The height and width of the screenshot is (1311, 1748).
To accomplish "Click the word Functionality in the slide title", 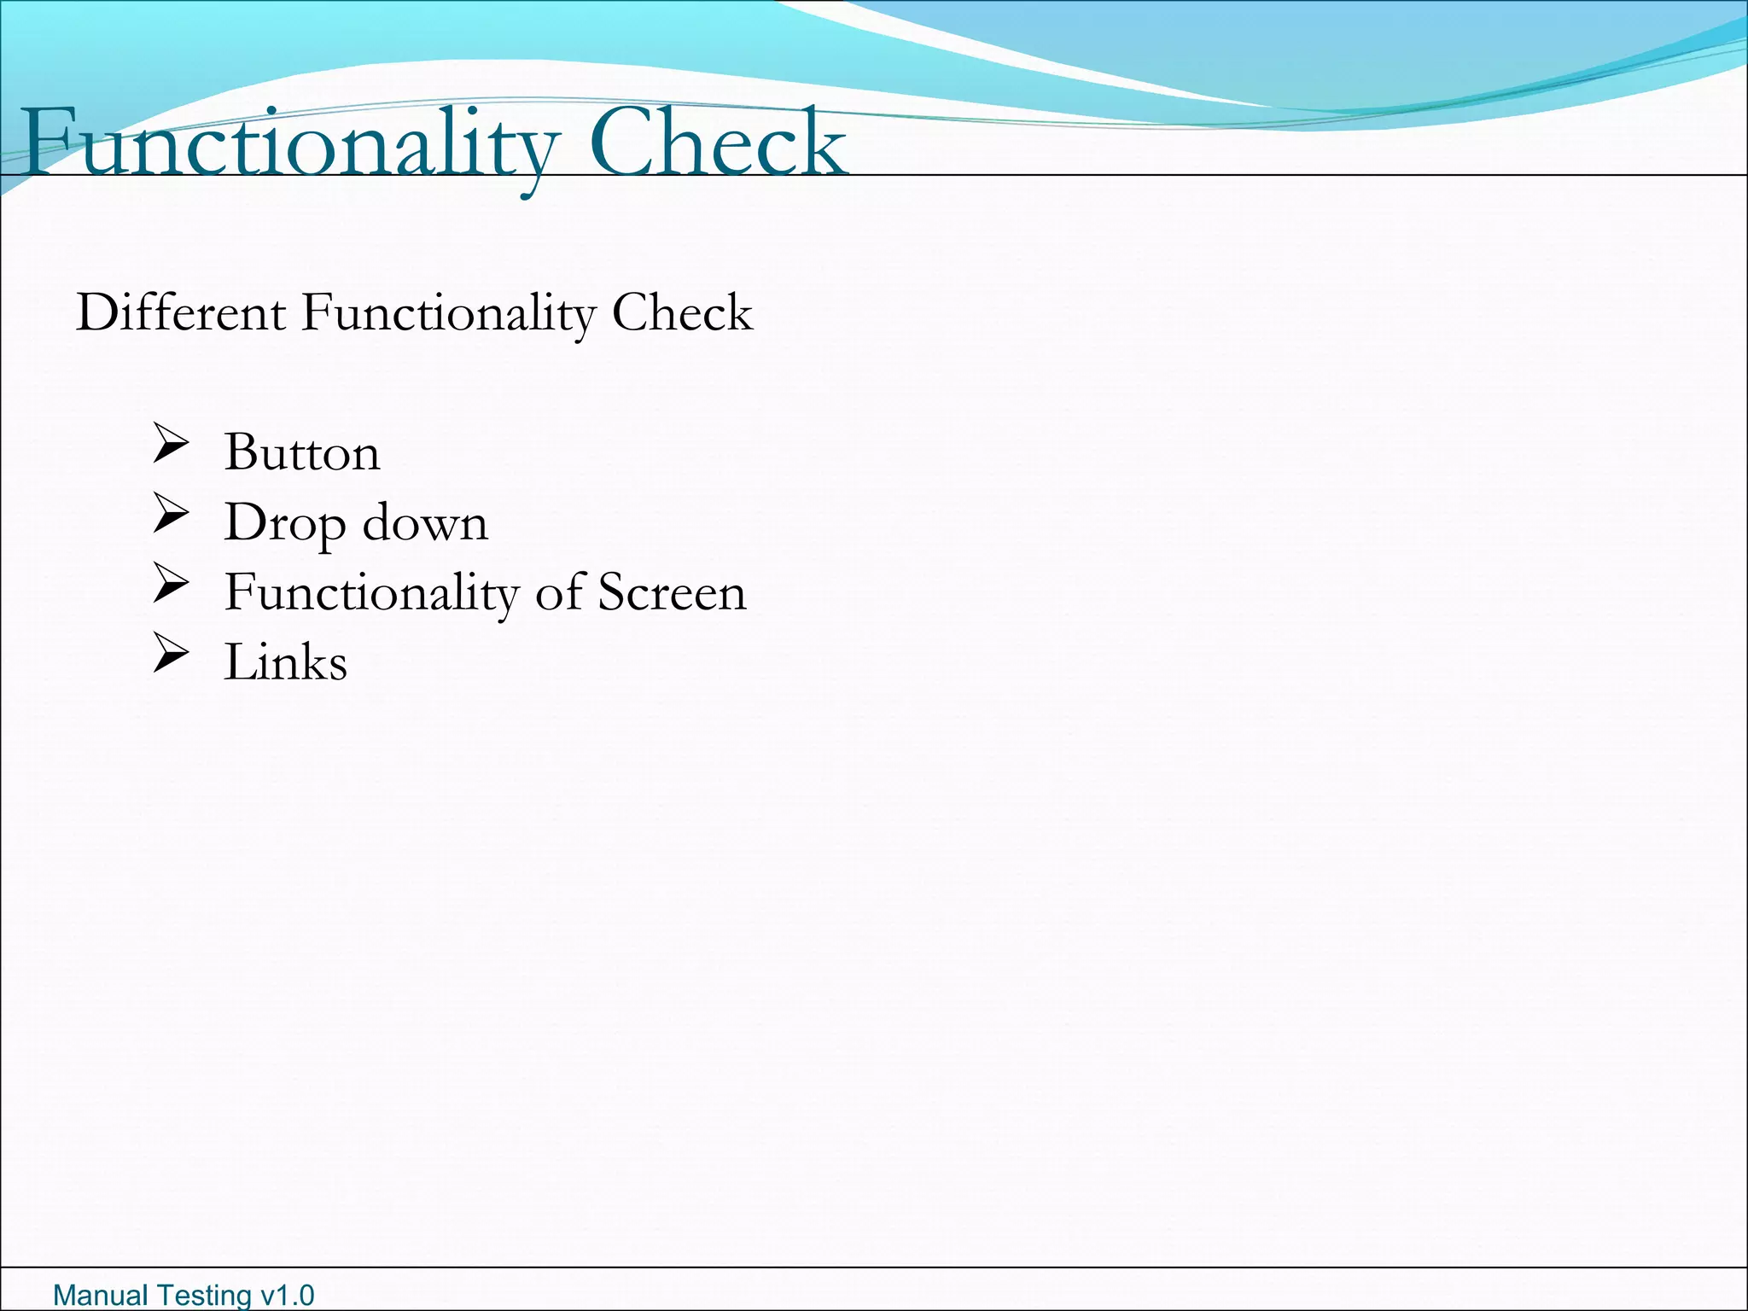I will [290, 143].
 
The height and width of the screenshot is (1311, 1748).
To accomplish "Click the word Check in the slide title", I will [717, 143].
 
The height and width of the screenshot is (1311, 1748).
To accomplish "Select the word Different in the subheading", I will [181, 312].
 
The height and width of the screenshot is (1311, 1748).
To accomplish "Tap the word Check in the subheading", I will [682, 312].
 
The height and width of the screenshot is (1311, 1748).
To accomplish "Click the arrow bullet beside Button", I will [171, 444].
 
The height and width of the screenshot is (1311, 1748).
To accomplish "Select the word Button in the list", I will [301, 452].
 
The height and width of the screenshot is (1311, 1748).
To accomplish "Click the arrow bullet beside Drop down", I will [171, 514].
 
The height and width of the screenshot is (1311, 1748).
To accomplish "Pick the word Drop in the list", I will [284, 523].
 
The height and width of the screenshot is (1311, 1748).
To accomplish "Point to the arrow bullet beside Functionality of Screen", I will [171, 584].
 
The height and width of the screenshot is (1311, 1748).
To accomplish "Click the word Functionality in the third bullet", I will [371, 593].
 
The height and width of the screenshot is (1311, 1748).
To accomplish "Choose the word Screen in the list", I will [672, 592].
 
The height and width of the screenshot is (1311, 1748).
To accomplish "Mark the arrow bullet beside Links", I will [171, 654].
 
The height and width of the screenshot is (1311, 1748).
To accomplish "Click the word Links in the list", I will [285, 662].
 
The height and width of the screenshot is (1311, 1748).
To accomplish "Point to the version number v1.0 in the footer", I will [287, 1295].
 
